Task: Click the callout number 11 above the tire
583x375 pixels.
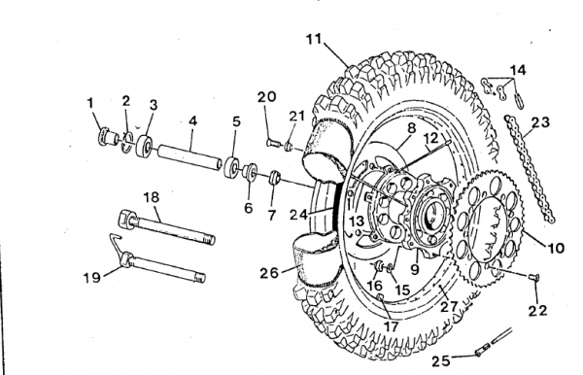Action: click(314, 38)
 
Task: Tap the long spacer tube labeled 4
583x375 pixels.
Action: click(189, 158)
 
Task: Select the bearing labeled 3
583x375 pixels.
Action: click(144, 147)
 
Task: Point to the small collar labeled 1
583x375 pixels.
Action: click(105, 138)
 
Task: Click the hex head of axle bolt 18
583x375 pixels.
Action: click(126, 219)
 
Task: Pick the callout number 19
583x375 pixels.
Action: click(91, 277)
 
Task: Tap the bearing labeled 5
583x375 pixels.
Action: click(231, 168)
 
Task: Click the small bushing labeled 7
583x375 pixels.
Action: click(274, 177)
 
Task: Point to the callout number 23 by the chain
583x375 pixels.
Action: click(540, 121)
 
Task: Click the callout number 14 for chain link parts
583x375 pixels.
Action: click(518, 70)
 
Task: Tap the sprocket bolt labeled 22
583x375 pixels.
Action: click(533, 276)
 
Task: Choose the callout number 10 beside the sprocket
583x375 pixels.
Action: click(556, 248)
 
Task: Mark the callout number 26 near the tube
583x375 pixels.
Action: click(269, 273)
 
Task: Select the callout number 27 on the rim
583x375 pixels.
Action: click(449, 307)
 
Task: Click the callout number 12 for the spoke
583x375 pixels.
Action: click(431, 138)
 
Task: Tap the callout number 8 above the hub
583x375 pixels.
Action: click(411, 128)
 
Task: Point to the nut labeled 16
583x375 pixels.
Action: click(379, 266)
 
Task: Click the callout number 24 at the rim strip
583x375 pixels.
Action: click(299, 215)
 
